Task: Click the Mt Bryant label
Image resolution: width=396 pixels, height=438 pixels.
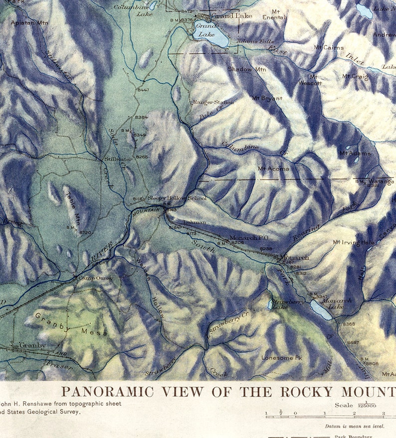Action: point(268,99)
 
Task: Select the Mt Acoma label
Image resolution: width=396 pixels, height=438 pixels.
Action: point(273,169)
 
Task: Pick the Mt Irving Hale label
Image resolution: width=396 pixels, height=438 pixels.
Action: point(353,242)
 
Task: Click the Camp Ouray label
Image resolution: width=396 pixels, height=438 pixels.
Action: point(95,278)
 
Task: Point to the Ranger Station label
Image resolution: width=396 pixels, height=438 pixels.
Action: point(213,102)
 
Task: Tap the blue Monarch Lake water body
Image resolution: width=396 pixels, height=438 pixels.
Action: point(321,311)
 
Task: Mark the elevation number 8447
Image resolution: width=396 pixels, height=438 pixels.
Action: point(143,90)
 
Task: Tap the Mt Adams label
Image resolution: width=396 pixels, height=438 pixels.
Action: point(355,153)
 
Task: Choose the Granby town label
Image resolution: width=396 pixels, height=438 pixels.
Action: point(32,345)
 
